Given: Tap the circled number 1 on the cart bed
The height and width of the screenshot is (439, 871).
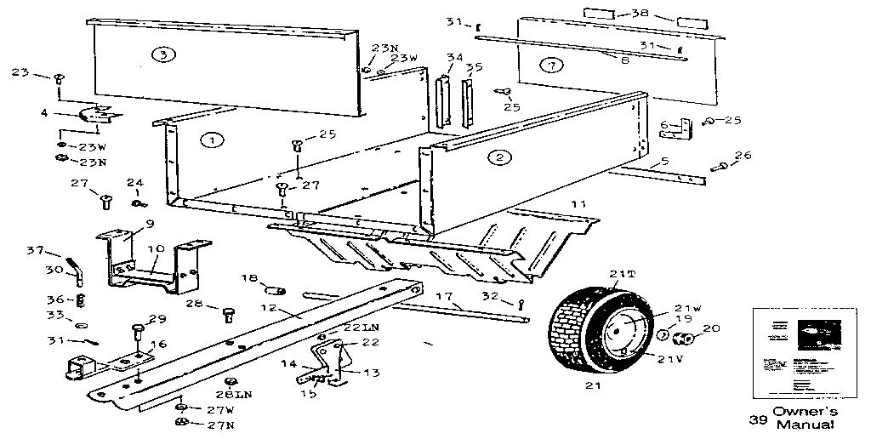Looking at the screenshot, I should coord(211,140).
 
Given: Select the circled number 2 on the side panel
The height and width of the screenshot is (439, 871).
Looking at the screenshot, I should coord(498,157).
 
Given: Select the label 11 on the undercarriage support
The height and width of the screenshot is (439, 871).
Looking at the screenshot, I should coord(578,205).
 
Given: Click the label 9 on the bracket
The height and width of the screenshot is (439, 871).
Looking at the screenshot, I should coord(150,224).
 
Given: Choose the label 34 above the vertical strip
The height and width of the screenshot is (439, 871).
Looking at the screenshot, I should coord(455,58).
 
